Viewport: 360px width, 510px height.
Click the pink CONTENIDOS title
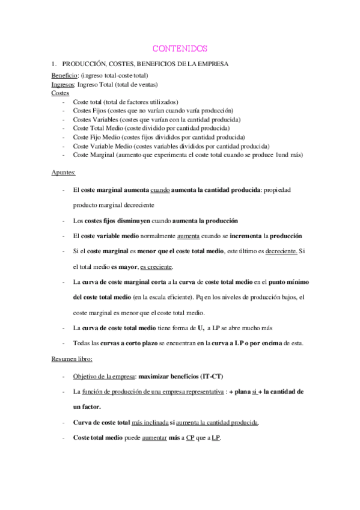[180, 48]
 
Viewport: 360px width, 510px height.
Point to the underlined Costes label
[60, 93]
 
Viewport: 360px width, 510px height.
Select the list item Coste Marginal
[188, 155]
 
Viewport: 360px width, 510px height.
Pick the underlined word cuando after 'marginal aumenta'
[160, 190]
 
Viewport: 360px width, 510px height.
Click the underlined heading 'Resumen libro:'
[72, 359]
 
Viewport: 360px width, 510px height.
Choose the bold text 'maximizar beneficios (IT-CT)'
[180, 376]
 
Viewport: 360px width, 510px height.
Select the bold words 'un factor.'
[87, 407]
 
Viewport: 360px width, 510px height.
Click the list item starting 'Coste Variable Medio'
[171, 146]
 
